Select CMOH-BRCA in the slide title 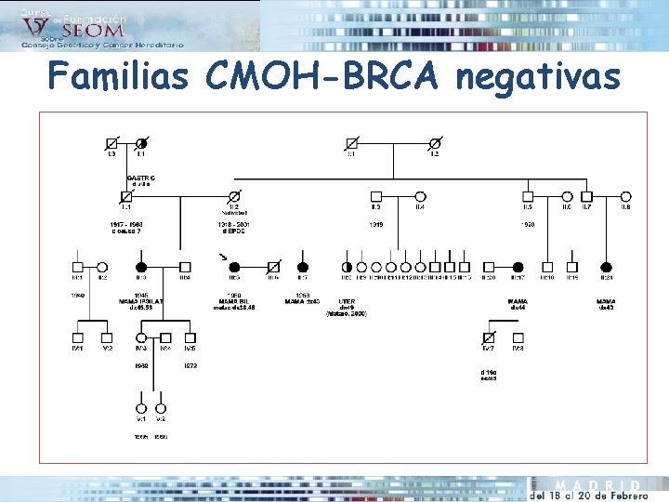pos(324,75)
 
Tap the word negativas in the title pos(537,75)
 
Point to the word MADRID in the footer pos(597,485)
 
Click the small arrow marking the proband pos(221,256)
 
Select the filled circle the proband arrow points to pos(235,266)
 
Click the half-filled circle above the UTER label pos(347,266)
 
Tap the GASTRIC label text pos(140,177)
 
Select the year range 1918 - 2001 pos(233,224)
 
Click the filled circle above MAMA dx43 pos(607,266)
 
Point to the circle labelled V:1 pos(141,407)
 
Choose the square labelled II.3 pos(376,196)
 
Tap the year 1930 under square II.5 pos(528,224)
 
